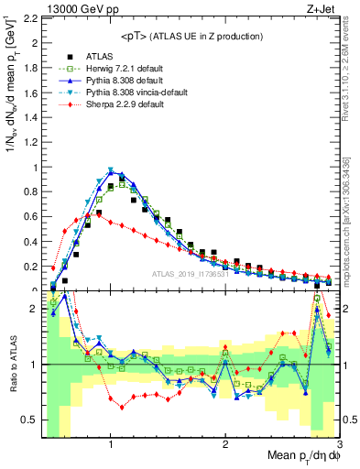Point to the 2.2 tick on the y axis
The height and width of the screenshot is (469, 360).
[x=30, y=18]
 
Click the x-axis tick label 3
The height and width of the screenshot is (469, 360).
[x=340, y=445]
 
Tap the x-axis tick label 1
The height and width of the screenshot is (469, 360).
[x=111, y=445]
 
